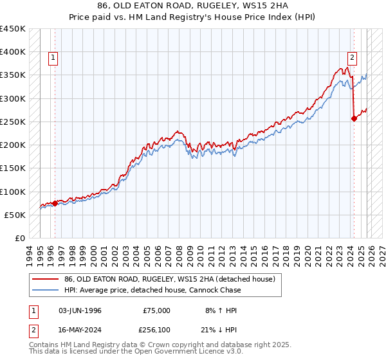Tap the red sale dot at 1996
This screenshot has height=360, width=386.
[55, 203]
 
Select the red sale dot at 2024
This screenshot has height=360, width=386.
[354, 118]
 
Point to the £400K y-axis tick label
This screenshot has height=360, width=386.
[12, 52]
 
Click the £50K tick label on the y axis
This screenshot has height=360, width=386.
[15, 215]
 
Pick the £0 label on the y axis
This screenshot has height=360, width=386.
[19, 238]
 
